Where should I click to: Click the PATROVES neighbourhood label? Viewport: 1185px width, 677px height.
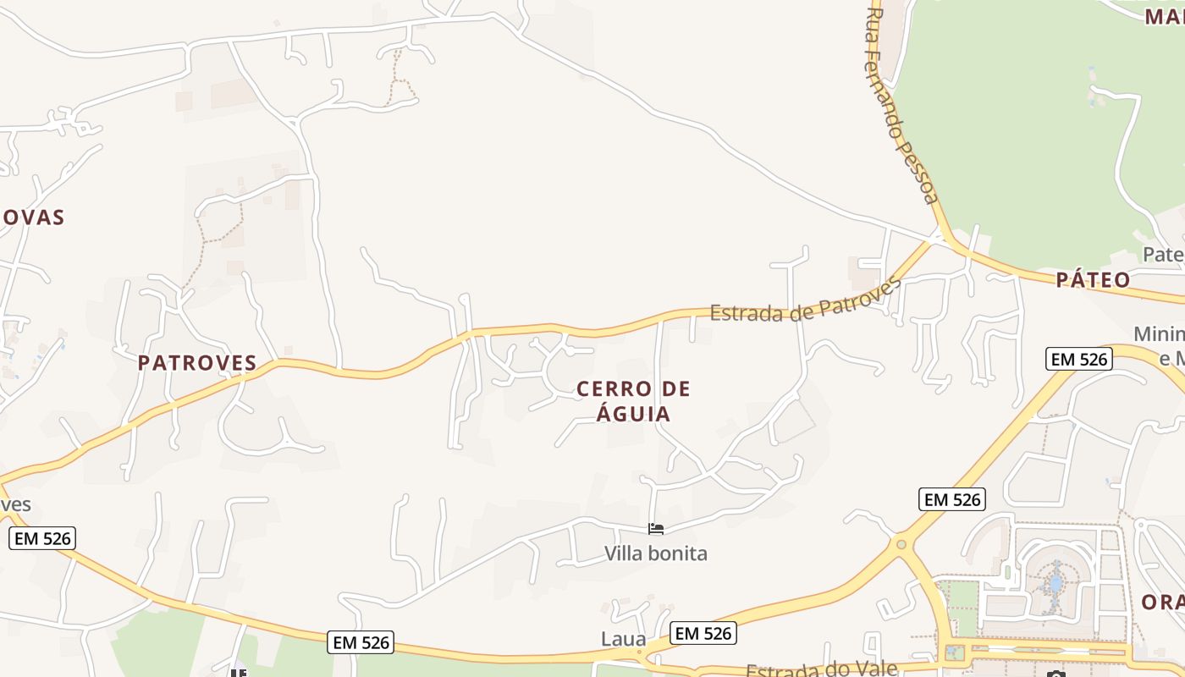coord(197,363)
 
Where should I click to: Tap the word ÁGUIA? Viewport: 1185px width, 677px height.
coord(633,414)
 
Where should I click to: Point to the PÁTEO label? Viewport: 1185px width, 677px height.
coord(1093,280)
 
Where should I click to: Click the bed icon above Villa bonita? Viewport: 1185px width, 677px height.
coord(656,530)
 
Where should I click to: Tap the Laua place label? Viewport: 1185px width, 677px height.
coord(624,639)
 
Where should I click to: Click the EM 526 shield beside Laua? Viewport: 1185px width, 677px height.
coord(703,633)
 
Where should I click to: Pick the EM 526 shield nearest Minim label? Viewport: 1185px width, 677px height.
coord(1079,359)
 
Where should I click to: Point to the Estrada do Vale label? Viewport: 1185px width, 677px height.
coord(821,669)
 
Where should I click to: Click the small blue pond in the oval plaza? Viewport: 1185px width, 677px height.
coord(1055,583)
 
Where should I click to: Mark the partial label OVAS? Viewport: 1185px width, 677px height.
coord(32,217)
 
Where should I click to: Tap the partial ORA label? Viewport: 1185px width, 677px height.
coord(1163,603)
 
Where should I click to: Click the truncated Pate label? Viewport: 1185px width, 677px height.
coord(1162,254)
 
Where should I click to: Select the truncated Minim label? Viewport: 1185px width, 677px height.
coord(1160,334)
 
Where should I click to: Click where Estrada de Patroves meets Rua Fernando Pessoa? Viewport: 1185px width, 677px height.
coord(937,239)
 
